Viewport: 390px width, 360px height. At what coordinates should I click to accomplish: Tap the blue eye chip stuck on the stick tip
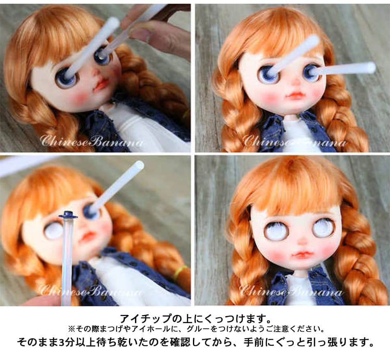68,214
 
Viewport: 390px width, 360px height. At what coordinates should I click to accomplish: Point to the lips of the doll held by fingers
101,84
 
